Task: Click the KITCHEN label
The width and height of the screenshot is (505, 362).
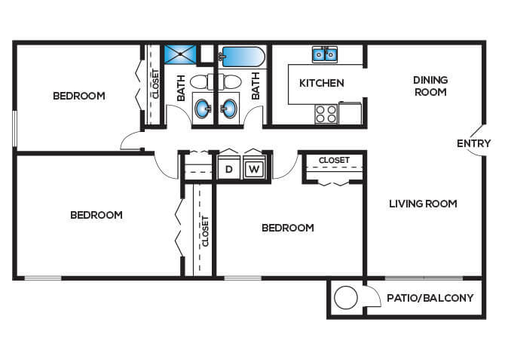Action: click(321, 83)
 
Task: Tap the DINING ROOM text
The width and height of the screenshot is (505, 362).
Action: click(430, 86)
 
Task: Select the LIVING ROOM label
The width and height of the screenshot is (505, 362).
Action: click(423, 204)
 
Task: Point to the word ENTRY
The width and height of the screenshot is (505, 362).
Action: click(473, 143)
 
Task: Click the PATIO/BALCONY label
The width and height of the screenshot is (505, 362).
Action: click(430, 298)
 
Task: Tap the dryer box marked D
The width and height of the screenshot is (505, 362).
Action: click(229, 169)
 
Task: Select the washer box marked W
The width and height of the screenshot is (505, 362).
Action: click(254, 169)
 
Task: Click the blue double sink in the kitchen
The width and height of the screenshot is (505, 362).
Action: click(325, 54)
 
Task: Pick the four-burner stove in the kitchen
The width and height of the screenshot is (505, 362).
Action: click(325, 113)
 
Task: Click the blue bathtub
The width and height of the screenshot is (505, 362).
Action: click(240, 56)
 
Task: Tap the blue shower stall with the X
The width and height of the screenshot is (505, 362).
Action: click(181, 55)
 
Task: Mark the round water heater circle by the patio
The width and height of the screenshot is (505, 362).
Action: click(345, 298)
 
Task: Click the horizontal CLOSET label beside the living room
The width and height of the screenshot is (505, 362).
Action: click(333, 160)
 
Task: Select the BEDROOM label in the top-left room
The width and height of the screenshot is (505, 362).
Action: click(78, 96)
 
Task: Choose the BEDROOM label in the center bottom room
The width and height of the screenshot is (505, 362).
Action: click(287, 228)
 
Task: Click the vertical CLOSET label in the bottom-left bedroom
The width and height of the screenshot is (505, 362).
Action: click(204, 232)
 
